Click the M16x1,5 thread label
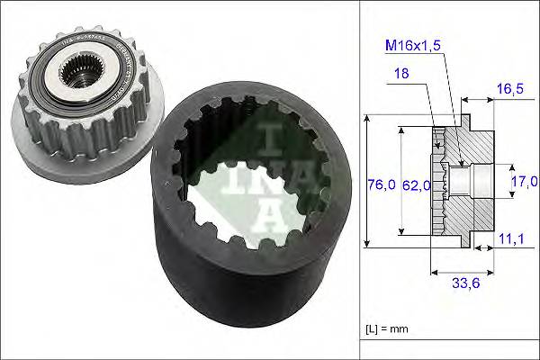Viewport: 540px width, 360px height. (418, 46)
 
